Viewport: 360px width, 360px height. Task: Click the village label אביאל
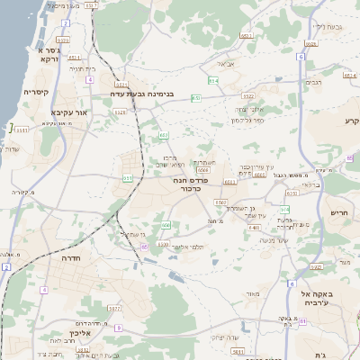pyautogui.click(x=226, y=64)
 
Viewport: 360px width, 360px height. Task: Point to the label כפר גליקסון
pyautogui.click(x=247, y=120)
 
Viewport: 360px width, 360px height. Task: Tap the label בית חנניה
pyautogui.click(x=83, y=67)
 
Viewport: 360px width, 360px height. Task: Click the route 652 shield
pyautogui.click(x=164, y=135)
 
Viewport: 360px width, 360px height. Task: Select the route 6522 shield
pyautogui.click(x=248, y=95)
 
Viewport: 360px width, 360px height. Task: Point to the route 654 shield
pyautogui.click(x=213, y=81)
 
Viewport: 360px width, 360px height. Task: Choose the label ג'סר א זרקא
pyautogui.click(x=49, y=55)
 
